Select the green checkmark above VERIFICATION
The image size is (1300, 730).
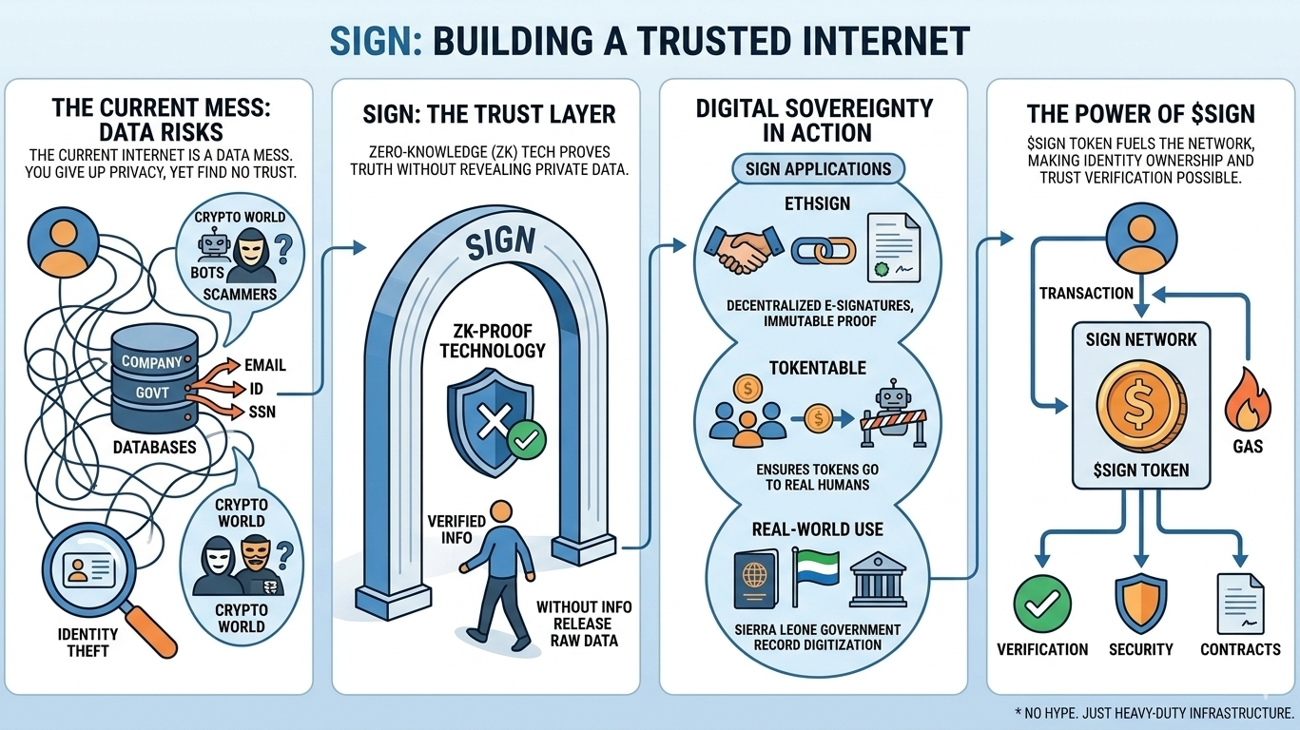pyautogui.click(x=1042, y=603)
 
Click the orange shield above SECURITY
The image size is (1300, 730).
pyautogui.click(x=1140, y=603)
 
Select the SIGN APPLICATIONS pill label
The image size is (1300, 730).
pyautogui.click(x=818, y=169)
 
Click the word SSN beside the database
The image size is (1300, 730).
pyautogui.click(x=262, y=411)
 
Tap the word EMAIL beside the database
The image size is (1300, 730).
pyautogui.click(x=265, y=364)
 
